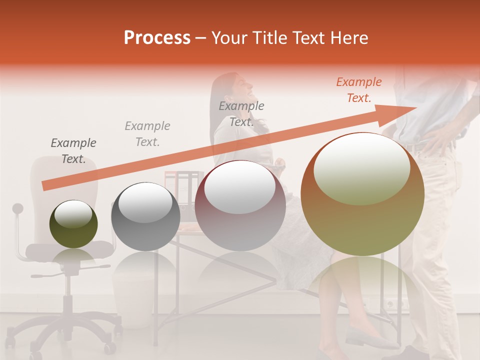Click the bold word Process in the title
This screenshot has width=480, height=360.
pyautogui.click(x=157, y=38)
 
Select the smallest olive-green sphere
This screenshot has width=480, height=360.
pyautogui.click(x=73, y=224)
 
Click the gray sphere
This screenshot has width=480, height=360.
pyautogui.click(x=145, y=216)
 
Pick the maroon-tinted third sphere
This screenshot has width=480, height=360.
pyautogui.click(x=240, y=205)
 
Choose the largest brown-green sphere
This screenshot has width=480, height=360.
pyautogui.click(x=362, y=194)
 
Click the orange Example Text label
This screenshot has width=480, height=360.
pyautogui.click(x=358, y=90)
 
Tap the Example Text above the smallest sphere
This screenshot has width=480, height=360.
pyautogui.click(x=73, y=151)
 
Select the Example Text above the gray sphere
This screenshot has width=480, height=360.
pyautogui.click(x=147, y=134)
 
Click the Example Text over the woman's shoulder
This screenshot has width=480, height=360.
pyautogui.click(x=241, y=114)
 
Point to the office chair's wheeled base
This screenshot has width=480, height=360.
pyautogui.click(x=70, y=330)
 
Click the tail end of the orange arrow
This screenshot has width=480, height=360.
pyautogui.click(x=45, y=186)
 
